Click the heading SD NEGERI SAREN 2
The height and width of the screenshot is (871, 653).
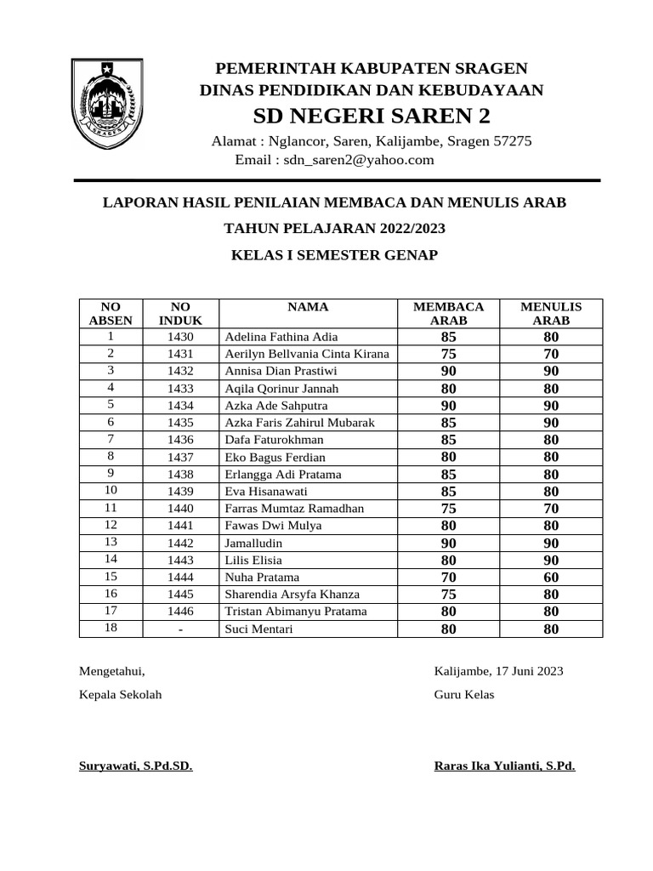(372, 116)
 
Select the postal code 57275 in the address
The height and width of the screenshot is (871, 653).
(513, 141)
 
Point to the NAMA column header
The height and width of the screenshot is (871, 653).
(308, 307)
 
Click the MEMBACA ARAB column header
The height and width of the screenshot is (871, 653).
(448, 314)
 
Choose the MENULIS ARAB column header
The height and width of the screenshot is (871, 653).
(551, 314)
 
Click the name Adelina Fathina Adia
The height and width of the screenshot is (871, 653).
(281, 337)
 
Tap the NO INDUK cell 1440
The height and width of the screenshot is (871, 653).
(181, 509)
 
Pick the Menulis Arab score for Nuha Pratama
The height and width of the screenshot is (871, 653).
(551, 578)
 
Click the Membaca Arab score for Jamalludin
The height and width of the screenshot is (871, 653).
(448, 543)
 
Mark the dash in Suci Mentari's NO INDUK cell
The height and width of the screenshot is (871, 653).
(181, 629)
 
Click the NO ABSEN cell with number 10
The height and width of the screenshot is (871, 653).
(111, 491)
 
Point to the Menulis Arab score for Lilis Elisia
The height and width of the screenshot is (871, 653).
(551, 560)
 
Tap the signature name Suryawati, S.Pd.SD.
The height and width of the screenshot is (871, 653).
(135, 766)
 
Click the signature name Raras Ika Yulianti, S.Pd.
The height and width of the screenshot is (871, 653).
(504, 766)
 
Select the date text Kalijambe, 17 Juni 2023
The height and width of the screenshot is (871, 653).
(498, 671)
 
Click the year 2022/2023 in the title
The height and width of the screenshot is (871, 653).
(406, 229)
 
